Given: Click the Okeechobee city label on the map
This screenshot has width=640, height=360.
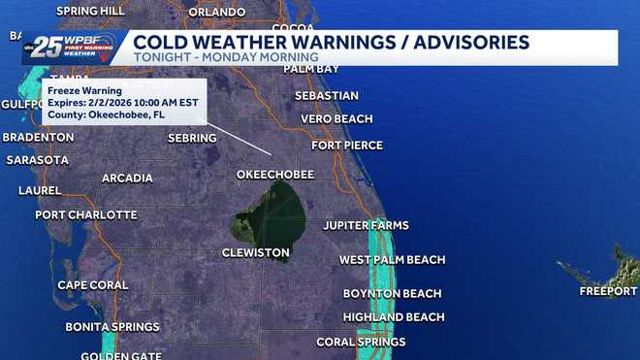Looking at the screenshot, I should pyautogui.click(x=275, y=175).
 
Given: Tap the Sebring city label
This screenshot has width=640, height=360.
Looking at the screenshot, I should pyautogui.click(x=192, y=139).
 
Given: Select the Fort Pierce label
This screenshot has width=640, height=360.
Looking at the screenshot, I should pyautogui.click(x=347, y=146).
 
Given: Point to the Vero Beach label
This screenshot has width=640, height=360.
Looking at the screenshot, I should pyautogui.click(x=336, y=119).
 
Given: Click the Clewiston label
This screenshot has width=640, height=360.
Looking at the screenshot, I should pyautogui.click(x=256, y=253).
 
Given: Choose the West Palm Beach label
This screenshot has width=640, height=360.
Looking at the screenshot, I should pyautogui.click(x=392, y=260).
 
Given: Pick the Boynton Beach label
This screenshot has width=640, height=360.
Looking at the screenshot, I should pyautogui.click(x=392, y=294).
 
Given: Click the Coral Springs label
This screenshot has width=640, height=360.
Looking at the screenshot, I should pyautogui.click(x=361, y=343).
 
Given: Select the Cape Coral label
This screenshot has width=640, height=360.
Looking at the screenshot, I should pyautogui.click(x=93, y=285).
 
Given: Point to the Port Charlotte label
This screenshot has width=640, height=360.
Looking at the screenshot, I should pyautogui.click(x=86, y=214).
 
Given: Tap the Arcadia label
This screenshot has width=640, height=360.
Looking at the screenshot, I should pyautogui.click(x=127, y=179).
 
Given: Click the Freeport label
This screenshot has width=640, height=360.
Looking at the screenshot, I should pyautogui.click(x=608, y=291).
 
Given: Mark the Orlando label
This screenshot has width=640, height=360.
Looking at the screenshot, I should pyautogui.click(x=216, y=13).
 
